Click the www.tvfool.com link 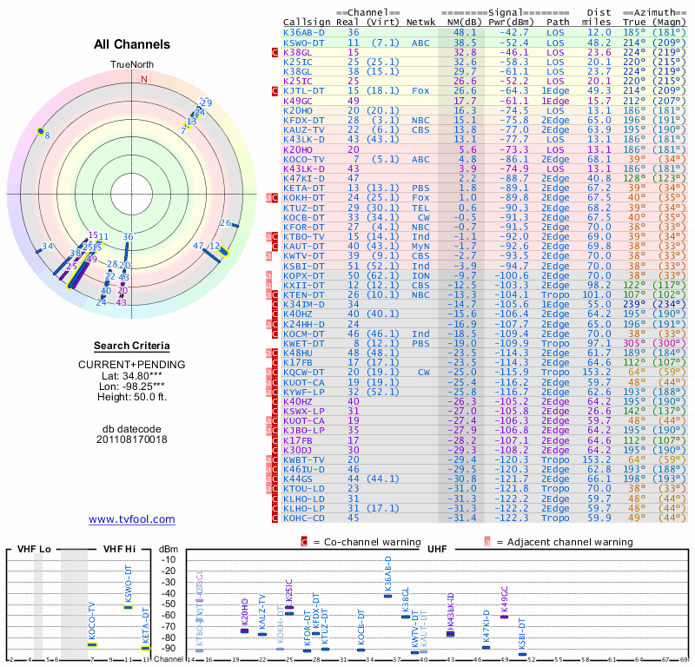(x=132, y=519)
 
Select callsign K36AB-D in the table (x=304, y=32)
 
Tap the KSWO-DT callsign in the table (x=304, y=42)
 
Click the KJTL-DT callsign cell (x=304, y=90)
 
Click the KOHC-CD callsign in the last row (x=304, y=518)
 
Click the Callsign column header (x=306, y=22)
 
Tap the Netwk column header (x=421, y=22)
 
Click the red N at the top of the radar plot (x=144, y=78)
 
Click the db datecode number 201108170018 (x=131, y=439)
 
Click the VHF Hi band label (x=120, y=550)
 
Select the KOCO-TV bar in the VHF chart (x=92, y=644)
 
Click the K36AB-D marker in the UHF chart (x=387, y=594)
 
